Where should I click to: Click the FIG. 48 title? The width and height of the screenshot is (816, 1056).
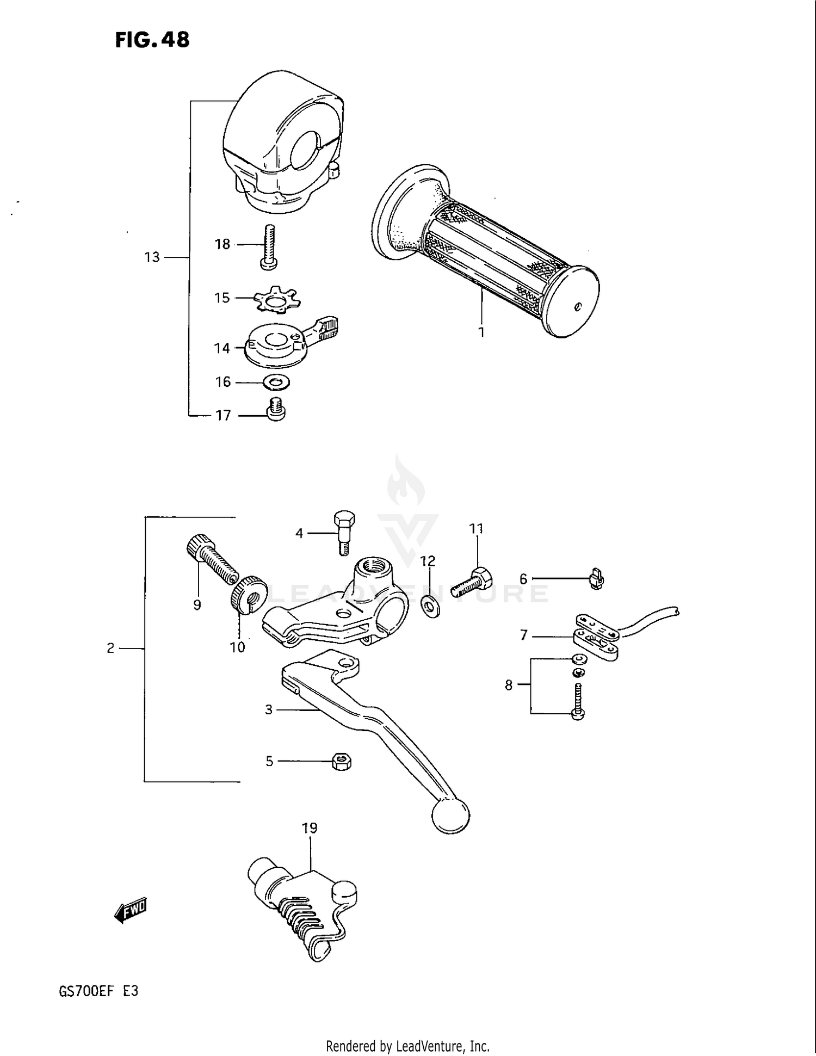(x=152, y=39)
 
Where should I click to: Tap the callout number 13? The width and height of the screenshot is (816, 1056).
(x=152, y=257)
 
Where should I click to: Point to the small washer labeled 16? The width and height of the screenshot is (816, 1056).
(x=276, y=383)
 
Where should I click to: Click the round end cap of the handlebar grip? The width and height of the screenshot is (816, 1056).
(x=572, y=302)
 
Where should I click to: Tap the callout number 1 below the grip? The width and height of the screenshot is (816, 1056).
(x=481, y=332)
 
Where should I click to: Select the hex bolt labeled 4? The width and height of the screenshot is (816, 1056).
(x=343, y=532)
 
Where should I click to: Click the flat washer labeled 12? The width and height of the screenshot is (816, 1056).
(x=431, y=606)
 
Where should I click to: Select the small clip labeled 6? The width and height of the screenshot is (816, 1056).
(x=597, y=579)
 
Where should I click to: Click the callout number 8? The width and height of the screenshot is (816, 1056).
(x=509, y=685)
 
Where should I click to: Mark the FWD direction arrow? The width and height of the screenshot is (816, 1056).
(x=131, y=909)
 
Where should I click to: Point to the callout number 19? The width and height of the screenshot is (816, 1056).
(x=310, y=828)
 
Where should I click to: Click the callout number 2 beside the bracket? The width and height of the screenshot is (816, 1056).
(x=110, y=648)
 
